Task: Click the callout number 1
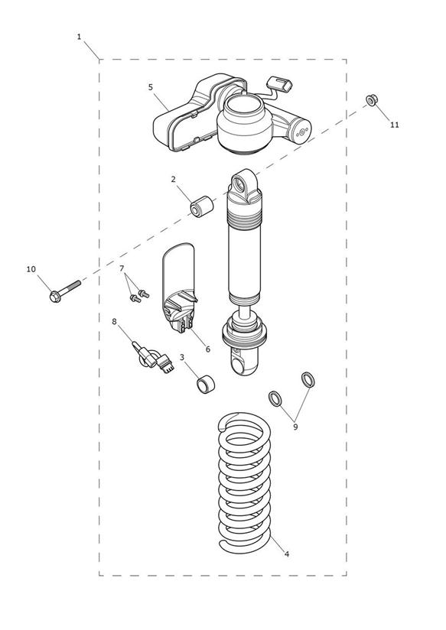79,37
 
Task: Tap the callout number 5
151,87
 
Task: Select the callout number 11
395,125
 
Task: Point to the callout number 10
31,269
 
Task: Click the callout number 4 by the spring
286,554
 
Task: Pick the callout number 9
295,427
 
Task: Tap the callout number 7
122,268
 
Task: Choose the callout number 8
114,321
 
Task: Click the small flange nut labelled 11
372,99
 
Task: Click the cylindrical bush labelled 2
201,206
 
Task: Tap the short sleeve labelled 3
206,384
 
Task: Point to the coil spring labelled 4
245,482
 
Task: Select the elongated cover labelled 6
179,287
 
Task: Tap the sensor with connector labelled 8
153,357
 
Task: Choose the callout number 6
207,349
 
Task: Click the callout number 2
174,179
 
